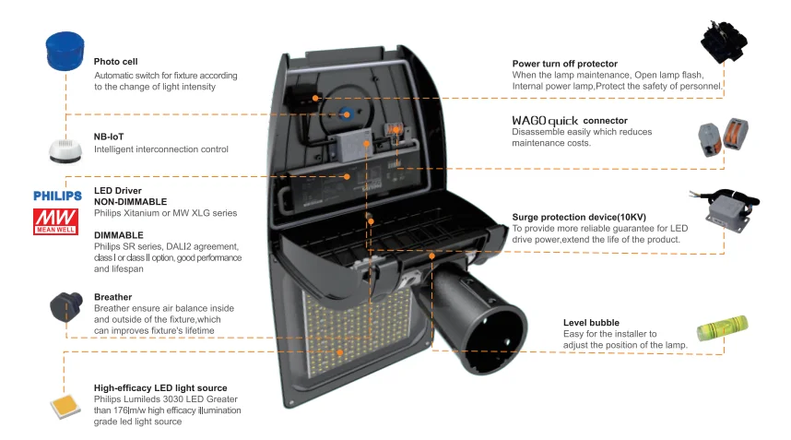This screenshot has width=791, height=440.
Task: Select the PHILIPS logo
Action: click(x=57, y=196)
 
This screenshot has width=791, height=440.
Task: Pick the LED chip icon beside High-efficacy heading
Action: click(x=66, y=404)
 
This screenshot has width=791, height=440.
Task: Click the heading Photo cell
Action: click(x=115, y=61)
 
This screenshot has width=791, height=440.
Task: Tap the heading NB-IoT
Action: click(x=109, y=136)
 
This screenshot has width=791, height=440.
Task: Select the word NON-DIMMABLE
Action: click(x=130, y=201)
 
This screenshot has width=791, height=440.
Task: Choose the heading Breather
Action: click(x=113, y=297)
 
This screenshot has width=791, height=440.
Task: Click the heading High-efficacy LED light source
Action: click(x=160, y=387)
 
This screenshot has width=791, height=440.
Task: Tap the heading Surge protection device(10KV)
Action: click(x=579, y=217)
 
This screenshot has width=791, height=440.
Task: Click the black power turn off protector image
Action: click(x=726, y=42)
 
